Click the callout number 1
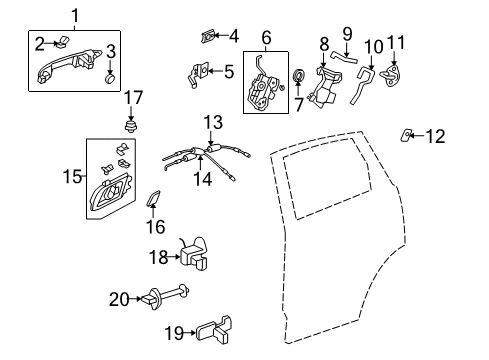click(x=76, y=16)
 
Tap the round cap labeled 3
click(x=110, y=79)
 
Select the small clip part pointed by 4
click(x=208, y=36)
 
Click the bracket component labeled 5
click(x=198, y=75)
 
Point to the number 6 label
click(x=266, y=37)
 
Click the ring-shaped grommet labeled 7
click(x=298, y=75)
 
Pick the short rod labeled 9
click(x=344, y=57)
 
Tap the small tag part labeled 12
click(x=406, y=135)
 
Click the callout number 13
click(x=213, y=122)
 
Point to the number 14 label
click(x=203, y=179)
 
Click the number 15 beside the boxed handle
click(x=72, y=176)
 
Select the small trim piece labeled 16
click(x=154, y=198)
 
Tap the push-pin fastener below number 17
click(x=131, y=126)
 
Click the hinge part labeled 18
click(x=195, y=253)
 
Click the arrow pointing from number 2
click(x=52, y=43)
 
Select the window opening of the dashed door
click(x=328, y=178)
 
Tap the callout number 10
click(x=373, y=47)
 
